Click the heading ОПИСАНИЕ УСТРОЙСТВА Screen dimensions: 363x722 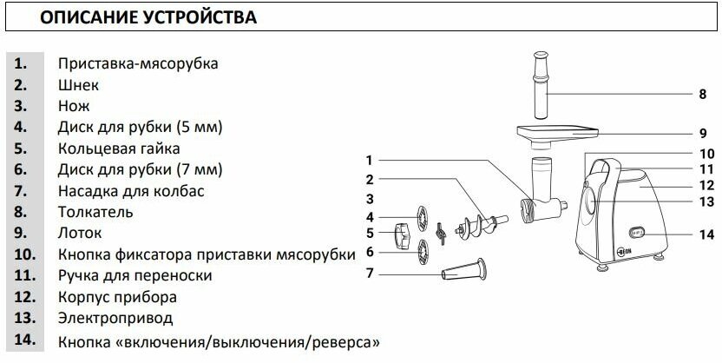150,16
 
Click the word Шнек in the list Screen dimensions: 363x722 78,85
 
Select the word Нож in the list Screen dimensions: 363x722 74,106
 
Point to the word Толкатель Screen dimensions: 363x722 95,211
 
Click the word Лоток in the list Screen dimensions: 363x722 80,233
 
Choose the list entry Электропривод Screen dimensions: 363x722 115,318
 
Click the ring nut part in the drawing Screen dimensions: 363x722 401,233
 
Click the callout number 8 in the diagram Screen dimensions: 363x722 702,93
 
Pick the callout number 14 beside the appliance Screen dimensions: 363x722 704,233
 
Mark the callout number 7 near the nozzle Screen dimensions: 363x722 369,274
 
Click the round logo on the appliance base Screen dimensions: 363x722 596,256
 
